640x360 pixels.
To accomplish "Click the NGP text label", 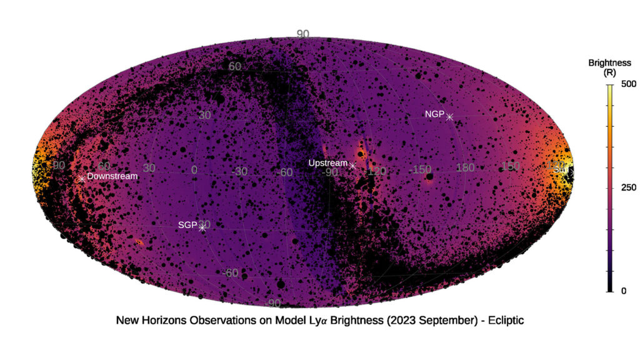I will click(x=434, y=114).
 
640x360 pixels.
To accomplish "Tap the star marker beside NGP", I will click(x=449, y=117).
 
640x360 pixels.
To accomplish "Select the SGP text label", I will click(x=187, y=225).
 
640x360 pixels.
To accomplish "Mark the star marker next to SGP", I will click(x=202, y=227).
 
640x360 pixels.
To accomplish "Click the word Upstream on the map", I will click(x=327, y=163).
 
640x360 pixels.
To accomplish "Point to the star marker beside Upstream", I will click(x=353, y=166).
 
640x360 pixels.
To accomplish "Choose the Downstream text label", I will click(x=112, y=176).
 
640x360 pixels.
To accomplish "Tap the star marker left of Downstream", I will click(x=82, y=179).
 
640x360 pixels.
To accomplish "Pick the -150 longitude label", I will click(x=421, y=169).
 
